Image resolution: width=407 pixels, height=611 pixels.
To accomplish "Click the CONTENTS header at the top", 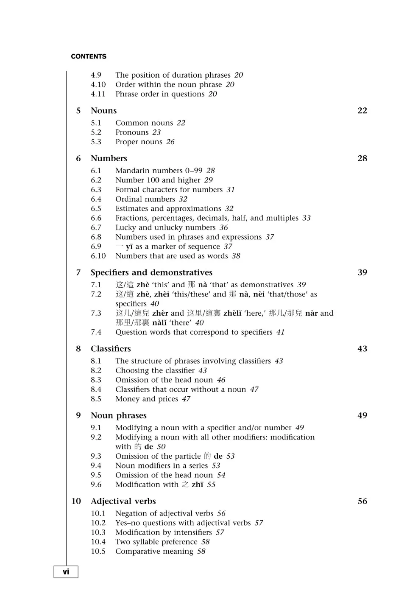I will pos(89,56).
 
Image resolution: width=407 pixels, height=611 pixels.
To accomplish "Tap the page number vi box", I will pos(66,572).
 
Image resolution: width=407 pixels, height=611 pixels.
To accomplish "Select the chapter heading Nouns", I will pos(103,111).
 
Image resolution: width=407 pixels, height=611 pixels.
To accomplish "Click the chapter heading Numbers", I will pos(109,158).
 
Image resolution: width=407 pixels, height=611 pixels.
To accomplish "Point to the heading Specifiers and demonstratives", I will pos(151,272).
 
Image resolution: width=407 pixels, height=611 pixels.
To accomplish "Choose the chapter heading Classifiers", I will pos(111,349).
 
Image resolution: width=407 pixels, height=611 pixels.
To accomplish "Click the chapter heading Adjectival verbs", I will pos(123,501).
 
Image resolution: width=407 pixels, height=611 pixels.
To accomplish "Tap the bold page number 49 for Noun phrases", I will pos(362,415).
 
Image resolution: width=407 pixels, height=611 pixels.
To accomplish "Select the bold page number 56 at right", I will pos(362,501).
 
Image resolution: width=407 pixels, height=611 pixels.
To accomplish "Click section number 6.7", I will pos(96,227).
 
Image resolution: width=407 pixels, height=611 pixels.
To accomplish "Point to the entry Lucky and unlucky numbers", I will pos(165,227).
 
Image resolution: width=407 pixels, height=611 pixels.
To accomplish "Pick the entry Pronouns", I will pos(132,132).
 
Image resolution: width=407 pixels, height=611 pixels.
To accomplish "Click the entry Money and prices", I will pos(147,399).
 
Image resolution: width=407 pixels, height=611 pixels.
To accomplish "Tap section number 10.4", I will pos(98,542).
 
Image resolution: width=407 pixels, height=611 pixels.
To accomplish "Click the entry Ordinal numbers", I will pos(145,199).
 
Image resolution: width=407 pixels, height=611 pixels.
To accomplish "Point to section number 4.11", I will pos(98,94).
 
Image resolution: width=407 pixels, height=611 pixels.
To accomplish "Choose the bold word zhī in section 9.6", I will pos(198,485).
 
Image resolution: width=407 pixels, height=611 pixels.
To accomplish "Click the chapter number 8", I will pos(78,349).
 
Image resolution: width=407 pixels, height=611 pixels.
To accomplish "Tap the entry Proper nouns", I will pos(139,142).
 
